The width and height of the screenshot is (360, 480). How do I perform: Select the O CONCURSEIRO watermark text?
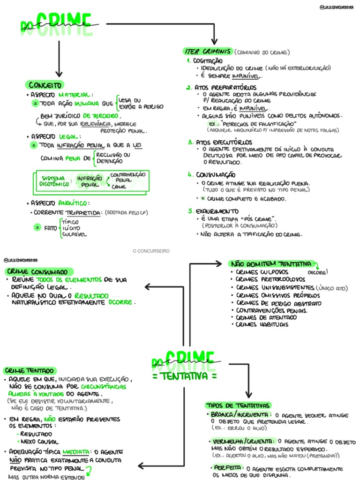click(151, 251)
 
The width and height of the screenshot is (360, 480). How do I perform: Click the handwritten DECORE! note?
click(317, 272)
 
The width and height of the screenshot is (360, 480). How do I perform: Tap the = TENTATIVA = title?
click(185, 376)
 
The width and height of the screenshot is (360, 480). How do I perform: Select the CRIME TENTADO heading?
click(30, 370)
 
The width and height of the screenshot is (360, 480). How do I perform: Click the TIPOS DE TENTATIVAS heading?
click(238, 405)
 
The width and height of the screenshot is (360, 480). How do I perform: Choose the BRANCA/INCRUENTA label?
click(240, 415)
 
